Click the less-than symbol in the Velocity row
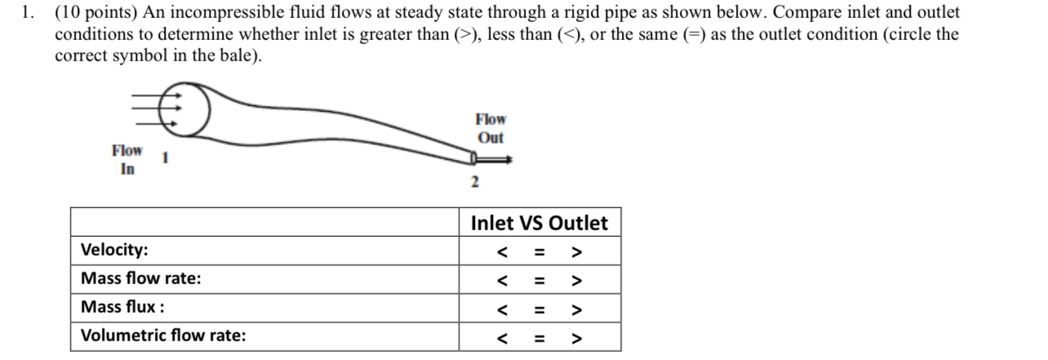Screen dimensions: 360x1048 [503, 251]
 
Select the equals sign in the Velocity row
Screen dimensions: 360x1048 [539, 251]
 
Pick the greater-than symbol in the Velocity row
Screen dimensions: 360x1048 [576, 251]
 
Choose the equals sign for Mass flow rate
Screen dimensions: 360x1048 [539, 281]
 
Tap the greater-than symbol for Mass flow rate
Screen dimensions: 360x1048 [576, 281]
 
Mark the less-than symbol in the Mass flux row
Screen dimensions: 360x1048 [503, 309]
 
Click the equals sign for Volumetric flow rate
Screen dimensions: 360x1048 [539, 338]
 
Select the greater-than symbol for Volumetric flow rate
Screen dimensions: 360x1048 [576, 338]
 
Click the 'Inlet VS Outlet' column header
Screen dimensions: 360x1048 [539, 223]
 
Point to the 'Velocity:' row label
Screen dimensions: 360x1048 [114, 250]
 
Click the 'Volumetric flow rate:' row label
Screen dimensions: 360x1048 [163, 336]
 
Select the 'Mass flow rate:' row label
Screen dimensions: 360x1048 [140, 278]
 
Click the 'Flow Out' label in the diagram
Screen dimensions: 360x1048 [491, 129]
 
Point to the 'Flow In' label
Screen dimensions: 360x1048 [127, 160]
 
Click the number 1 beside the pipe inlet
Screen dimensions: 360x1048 [165, 158]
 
